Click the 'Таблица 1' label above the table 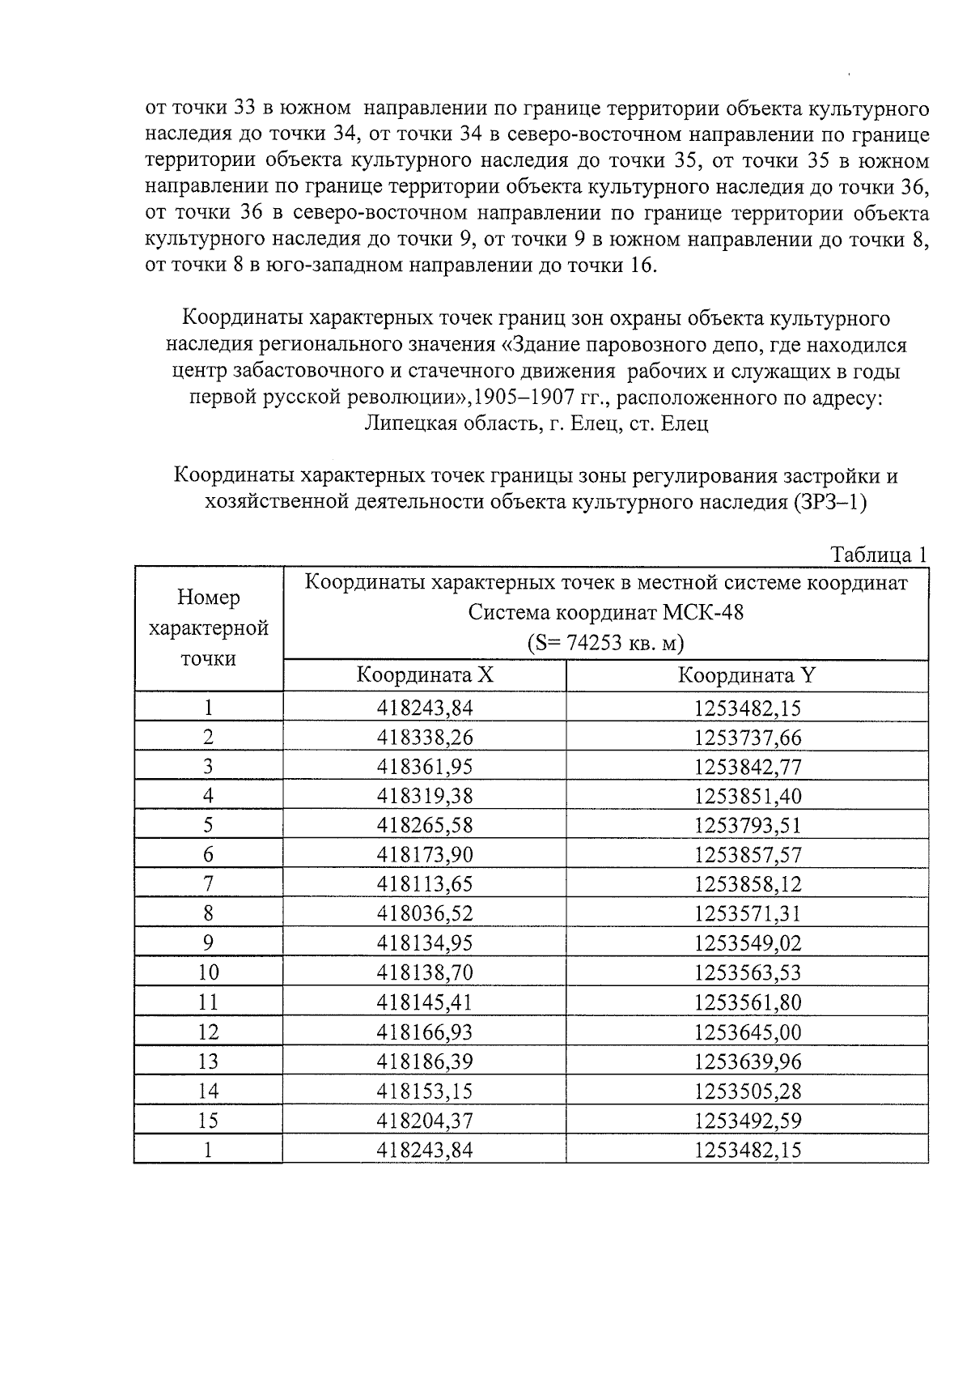tap(878, 555)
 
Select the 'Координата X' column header tap(425, 675)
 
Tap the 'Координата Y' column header tap(746, 675)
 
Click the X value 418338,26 tap(425, 738)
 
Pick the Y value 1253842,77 tap(747, 767)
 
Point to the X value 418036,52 tap(425, 914)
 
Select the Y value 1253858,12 tap(747, 884)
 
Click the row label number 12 tap(208, 1032)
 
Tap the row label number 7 tap(208, 884)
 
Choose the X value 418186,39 tap(425, 1061)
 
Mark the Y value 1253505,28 tap(747, 1091)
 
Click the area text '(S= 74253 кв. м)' tap(605, 644)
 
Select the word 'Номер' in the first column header tap(209, 598)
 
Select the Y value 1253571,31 tap(747, 914)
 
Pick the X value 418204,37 tap(425, 1121)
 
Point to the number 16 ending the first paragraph tap(638, 266)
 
